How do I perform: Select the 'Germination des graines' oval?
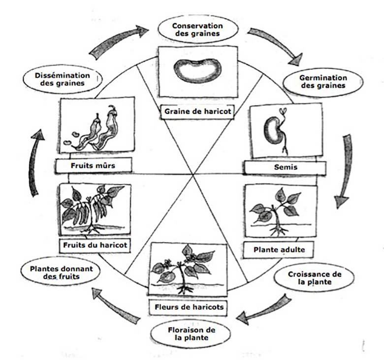(323, 81)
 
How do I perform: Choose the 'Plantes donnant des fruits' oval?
(58, 272)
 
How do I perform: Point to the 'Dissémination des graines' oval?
(63, 79)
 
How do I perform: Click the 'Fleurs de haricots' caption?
(188, 307)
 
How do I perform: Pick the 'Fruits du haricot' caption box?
(95, 244)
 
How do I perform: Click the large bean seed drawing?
(196, 71)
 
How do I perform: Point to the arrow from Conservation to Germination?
(275, 46)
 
